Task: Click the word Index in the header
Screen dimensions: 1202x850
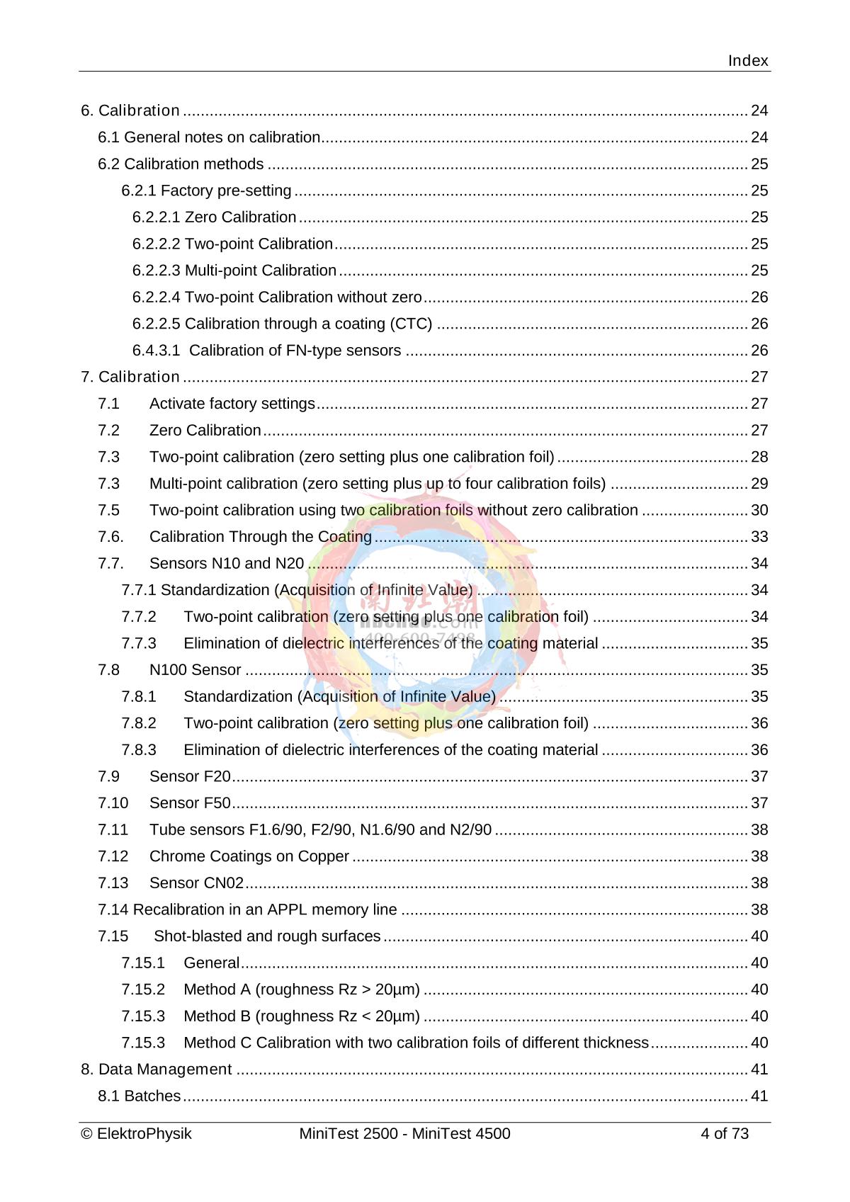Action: point(748,61)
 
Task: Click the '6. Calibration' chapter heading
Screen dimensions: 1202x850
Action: point(130,110)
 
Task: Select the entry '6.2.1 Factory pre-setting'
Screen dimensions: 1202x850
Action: point(206,191)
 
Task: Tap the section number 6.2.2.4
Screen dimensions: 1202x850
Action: point(156,297)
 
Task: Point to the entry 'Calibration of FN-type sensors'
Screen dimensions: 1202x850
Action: point(295,351)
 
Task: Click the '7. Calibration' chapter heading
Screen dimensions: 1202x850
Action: point(130,377)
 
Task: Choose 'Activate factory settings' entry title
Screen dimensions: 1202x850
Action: point(232,404)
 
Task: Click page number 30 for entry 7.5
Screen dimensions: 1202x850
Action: point(759,510)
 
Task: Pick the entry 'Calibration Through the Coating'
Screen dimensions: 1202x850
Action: point(260,537)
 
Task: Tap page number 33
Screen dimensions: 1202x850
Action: point(759,537)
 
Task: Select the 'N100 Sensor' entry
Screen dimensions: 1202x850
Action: point(195,670)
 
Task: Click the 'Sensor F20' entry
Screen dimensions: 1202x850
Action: point(190,776)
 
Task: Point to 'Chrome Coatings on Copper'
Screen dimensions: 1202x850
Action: point(249,856)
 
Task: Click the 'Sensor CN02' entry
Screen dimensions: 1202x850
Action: point(196,883)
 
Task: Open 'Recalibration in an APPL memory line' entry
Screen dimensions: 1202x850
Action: point(247,909)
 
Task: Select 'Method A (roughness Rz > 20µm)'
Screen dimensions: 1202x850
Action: point(301,990)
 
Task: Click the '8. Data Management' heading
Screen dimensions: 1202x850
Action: point(156,1070)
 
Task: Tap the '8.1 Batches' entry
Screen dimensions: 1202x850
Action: point(139,1096)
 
